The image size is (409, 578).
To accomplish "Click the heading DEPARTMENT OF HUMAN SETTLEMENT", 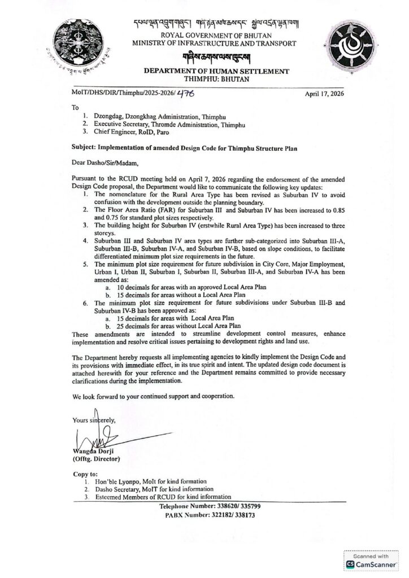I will [208, 72].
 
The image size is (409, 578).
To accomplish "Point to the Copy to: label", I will [85, 474].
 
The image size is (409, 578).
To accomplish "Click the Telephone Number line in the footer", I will [210, 507].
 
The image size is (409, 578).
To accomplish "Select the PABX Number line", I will [210, 515].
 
